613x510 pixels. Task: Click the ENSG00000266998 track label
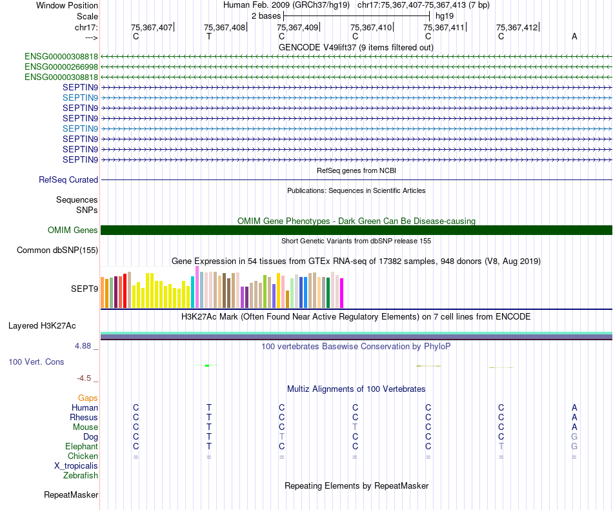pyautogui.click(x=61, y=66)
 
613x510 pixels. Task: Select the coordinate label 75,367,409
pyautogui.click(x=297, y=27)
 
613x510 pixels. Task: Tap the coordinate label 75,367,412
pyautogui.click(x=517, y=27)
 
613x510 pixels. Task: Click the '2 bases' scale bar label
pyautogui.click(x=265, y=15)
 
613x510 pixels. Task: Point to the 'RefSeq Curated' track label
pyautogui.click(x=68, y=180)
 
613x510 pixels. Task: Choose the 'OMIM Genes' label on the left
pyautogui.click(x=73, y=230)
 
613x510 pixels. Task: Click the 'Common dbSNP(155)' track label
pyautogui.click(x=57, y=250)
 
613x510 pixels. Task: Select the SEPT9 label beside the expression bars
pyautogui.click(x=85, y=289)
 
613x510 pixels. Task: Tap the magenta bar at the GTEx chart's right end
pyautogui.click(x=342, y=292)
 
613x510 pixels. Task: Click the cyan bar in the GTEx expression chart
pyautogui.click(x=193, y=292)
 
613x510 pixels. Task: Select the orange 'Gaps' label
pyautogui.click(x=88, y=398)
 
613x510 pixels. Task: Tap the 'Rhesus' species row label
pyautogui.click(x=84, y=417)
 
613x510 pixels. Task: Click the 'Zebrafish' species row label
pyautogui.click(x=81, y=475)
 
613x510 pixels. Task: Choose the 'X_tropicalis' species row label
pyautogui.click(x=76, y=465)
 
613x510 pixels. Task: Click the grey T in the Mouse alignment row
pyautogui.click(x=355, y=427)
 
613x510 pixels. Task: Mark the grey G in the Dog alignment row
pyautogui.click(x=574, y=436)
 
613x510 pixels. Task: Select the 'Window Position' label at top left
pyautogui.click(x=67, y=5)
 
